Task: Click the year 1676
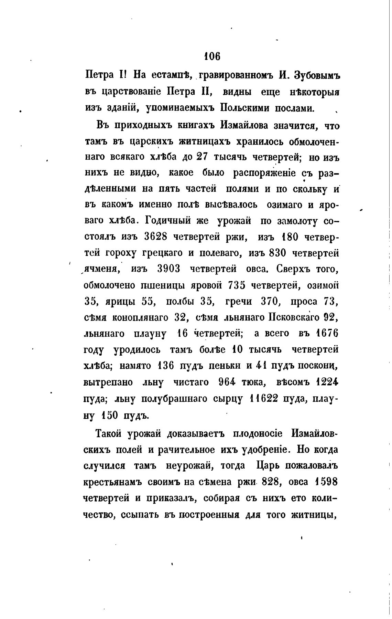[x=327, y=334]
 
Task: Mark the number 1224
[x=327, y=382]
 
